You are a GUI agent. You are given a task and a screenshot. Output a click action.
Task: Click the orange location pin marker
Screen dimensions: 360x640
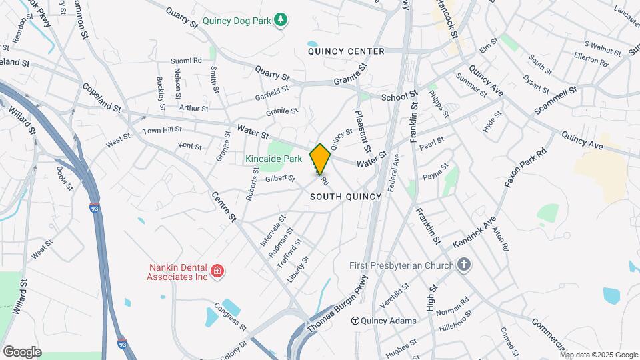tap(320, 159)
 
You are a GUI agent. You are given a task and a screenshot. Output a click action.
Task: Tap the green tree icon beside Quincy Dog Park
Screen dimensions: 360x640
tap(282, 20)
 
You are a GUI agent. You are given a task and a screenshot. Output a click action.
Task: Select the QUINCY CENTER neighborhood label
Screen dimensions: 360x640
tap(346, 51)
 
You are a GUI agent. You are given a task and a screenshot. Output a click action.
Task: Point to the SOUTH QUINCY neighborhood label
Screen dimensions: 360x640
tap(345, 197)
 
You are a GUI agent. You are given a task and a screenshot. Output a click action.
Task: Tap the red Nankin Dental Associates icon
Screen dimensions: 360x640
tap(217, 271)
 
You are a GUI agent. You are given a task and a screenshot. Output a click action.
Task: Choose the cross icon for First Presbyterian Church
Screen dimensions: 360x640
tap(464, 265)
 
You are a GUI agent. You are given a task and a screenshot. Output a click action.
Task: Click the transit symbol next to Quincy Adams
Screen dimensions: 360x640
tap(355, 321)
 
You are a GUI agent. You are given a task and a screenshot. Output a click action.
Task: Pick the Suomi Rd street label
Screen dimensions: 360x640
tap(186, 60)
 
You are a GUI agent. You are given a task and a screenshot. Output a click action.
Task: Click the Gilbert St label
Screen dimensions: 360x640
tap(279, 178)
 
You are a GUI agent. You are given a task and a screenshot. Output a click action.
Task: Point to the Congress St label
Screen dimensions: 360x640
tap(230, 317)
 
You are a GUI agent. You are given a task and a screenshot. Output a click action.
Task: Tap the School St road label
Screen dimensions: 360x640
tap(399, 97)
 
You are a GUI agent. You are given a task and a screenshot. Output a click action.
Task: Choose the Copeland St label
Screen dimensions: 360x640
tap(101, 97)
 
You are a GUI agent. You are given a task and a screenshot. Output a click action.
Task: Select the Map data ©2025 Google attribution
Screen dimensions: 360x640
tap(599, 355)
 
